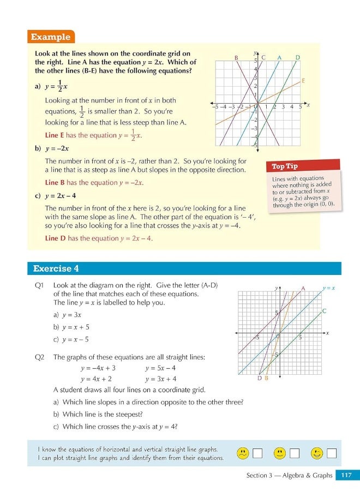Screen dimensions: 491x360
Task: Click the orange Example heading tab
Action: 51,37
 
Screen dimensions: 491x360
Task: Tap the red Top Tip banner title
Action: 286,166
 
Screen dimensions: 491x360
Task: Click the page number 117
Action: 346,475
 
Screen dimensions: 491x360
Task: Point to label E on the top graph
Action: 303,81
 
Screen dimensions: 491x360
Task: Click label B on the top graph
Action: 236,58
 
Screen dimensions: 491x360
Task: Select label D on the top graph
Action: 297,57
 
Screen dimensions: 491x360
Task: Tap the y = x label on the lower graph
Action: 328,288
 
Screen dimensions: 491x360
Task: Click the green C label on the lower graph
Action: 324,311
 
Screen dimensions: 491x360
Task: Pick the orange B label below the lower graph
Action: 266,378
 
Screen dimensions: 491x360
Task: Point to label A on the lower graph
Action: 303,288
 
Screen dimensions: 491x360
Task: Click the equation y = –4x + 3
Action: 98,368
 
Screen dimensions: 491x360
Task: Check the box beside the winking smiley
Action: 331,453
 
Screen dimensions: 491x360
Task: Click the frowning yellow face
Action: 244,453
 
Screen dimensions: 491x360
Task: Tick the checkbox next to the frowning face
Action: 258,453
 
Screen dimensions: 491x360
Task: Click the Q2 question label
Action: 39,357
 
